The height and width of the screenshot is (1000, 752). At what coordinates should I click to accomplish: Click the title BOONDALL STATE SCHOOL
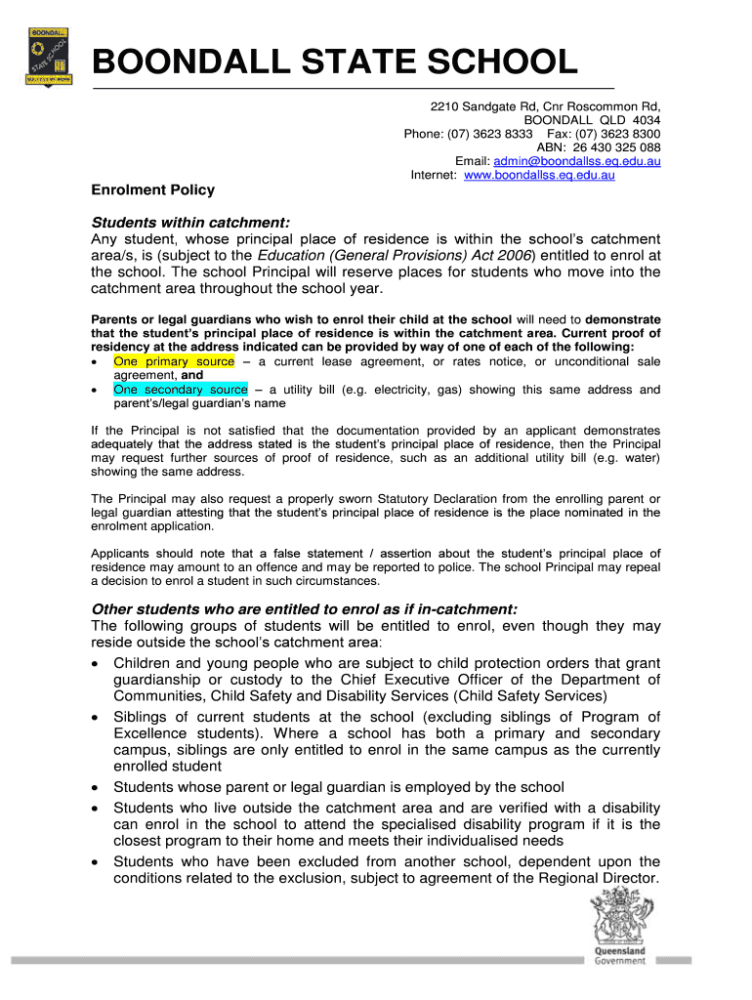point(334,64)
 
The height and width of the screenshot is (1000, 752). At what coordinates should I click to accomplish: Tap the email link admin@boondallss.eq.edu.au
point(577,161)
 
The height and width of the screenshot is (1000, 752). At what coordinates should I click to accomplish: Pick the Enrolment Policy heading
point(152,189)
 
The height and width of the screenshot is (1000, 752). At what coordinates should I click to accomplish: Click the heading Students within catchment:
point(191,222)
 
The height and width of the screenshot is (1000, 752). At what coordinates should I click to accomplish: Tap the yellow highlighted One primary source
point(174,361)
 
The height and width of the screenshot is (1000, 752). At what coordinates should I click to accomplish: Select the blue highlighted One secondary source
point(181,390)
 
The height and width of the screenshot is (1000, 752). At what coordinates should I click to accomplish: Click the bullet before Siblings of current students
point(96,718)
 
